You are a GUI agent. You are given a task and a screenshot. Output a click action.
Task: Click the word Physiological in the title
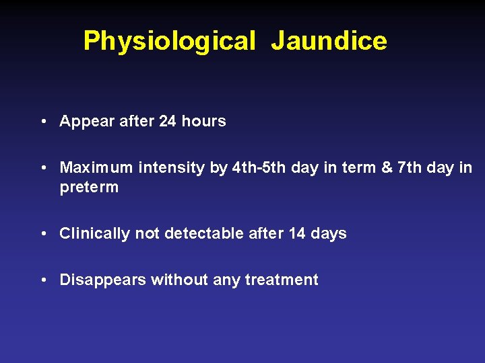click(169, 42)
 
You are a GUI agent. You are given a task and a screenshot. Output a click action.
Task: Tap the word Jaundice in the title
click(329, 42)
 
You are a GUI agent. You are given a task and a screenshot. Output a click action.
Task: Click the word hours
click(203, 122)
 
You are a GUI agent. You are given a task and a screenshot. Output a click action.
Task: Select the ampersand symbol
click(386, 167)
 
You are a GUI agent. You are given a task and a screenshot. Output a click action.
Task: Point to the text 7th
click(410, 167)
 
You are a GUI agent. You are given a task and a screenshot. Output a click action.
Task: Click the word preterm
click(89, 188)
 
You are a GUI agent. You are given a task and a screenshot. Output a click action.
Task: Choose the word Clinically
click(95, 234)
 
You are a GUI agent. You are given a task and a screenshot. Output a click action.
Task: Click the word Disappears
click(102, 280)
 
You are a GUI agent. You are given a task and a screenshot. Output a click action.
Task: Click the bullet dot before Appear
click(42, 122)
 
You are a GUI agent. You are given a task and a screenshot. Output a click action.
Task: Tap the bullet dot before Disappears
click(42, 280)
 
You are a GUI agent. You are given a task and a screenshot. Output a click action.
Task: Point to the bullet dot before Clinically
click(42, 234)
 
